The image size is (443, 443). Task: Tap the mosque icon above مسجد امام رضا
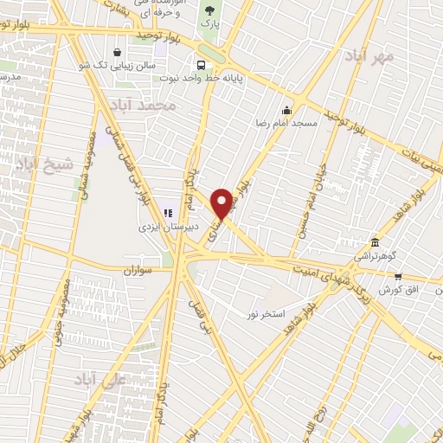pyautogui.click(x=286, y=110)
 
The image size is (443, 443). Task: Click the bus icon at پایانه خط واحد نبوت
pyautogui.click(x=201, y=65)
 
